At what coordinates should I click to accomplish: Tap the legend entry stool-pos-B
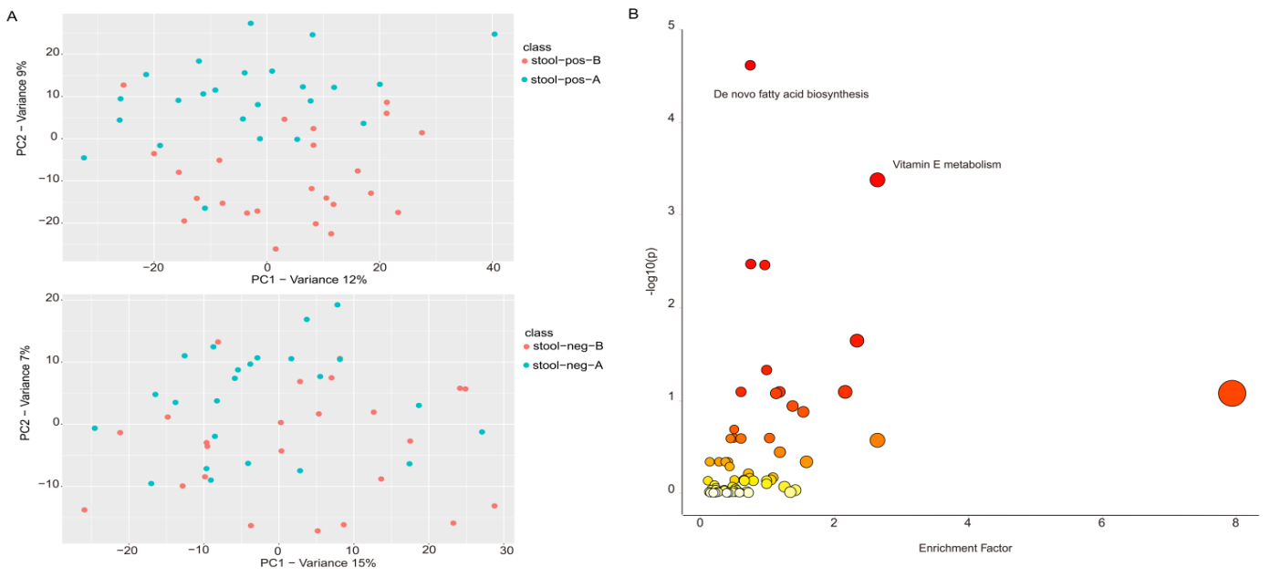tap(566, 60)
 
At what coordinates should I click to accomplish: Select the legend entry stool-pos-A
tap(566, 79)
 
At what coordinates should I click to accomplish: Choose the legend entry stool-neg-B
tap(566, 346)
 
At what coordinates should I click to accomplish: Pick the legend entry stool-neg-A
tap(566, 366)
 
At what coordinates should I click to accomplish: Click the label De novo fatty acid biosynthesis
tap(791, 94)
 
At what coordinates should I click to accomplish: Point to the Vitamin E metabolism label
tap(947, 165)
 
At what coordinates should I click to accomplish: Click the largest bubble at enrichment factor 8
tap(1232, 393)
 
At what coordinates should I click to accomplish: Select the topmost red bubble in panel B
tap(750, 65)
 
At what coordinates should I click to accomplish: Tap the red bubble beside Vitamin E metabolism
tap(877, 180)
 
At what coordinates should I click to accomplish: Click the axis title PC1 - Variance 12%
tap(308, 279)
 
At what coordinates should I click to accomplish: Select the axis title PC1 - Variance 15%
tap(317, 562)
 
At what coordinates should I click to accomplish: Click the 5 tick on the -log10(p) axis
tap(671, 26)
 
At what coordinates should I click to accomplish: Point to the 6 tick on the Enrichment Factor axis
tap(1101, 522)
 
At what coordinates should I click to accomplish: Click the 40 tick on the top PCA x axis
tap(493, 267)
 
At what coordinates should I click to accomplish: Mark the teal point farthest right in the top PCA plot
tap(494, 35)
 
